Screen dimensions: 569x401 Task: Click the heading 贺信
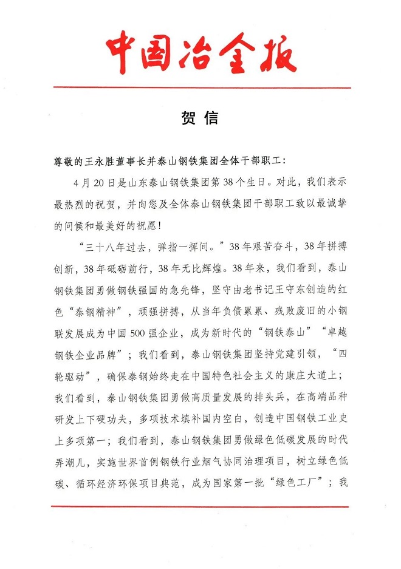pos(200,118)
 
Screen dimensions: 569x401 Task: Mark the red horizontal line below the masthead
pos(200,87)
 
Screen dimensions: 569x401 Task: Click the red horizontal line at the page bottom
pos(200,505)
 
